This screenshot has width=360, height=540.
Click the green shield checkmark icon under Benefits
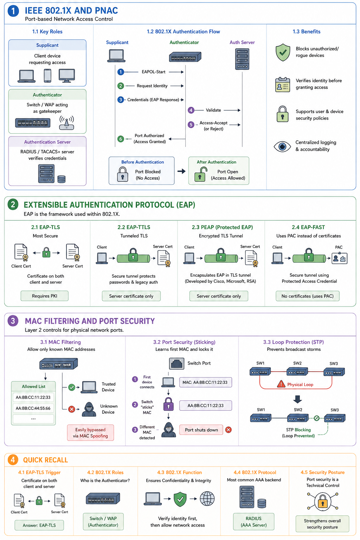(x=283, y=52)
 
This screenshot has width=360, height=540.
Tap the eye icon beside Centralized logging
(x=282, y=146)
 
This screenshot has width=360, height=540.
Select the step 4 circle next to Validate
(x=191, y=110)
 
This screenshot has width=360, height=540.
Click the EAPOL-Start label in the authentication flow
(x=154, y=72)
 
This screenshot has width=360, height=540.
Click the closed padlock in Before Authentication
(x=122, y=174)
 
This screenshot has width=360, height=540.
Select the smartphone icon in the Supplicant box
(x=47, y=76)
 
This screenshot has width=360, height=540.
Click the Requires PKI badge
(x=45, y=296)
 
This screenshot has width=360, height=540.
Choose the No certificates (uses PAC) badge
(x=307, y=296)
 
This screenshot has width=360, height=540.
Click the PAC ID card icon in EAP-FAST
(x=340, y=258)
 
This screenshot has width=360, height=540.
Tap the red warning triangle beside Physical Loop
(x=281, y=384)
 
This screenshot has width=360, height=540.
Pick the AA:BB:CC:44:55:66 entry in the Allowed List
(x=33, y=408)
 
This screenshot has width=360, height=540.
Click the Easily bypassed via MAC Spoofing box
(x=90, y=433)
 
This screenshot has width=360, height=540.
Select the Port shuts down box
(x=201, y=430)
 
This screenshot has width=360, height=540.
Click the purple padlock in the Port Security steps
(x=168, y=404)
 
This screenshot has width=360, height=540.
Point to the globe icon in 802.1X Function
(x=207, y=499)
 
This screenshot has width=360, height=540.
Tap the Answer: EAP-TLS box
(x=39, y=525)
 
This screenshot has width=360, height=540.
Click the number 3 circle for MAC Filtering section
(x=13, y=321)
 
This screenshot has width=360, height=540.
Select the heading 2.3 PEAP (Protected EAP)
(x=222, y=227)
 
